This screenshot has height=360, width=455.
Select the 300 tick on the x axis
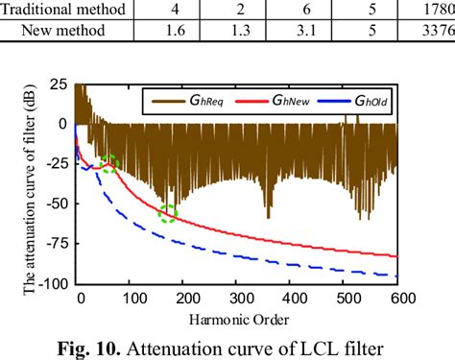238,298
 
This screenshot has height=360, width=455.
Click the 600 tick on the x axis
395,298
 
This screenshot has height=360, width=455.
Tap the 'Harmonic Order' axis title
239,318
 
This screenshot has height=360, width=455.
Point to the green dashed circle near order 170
169,213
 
